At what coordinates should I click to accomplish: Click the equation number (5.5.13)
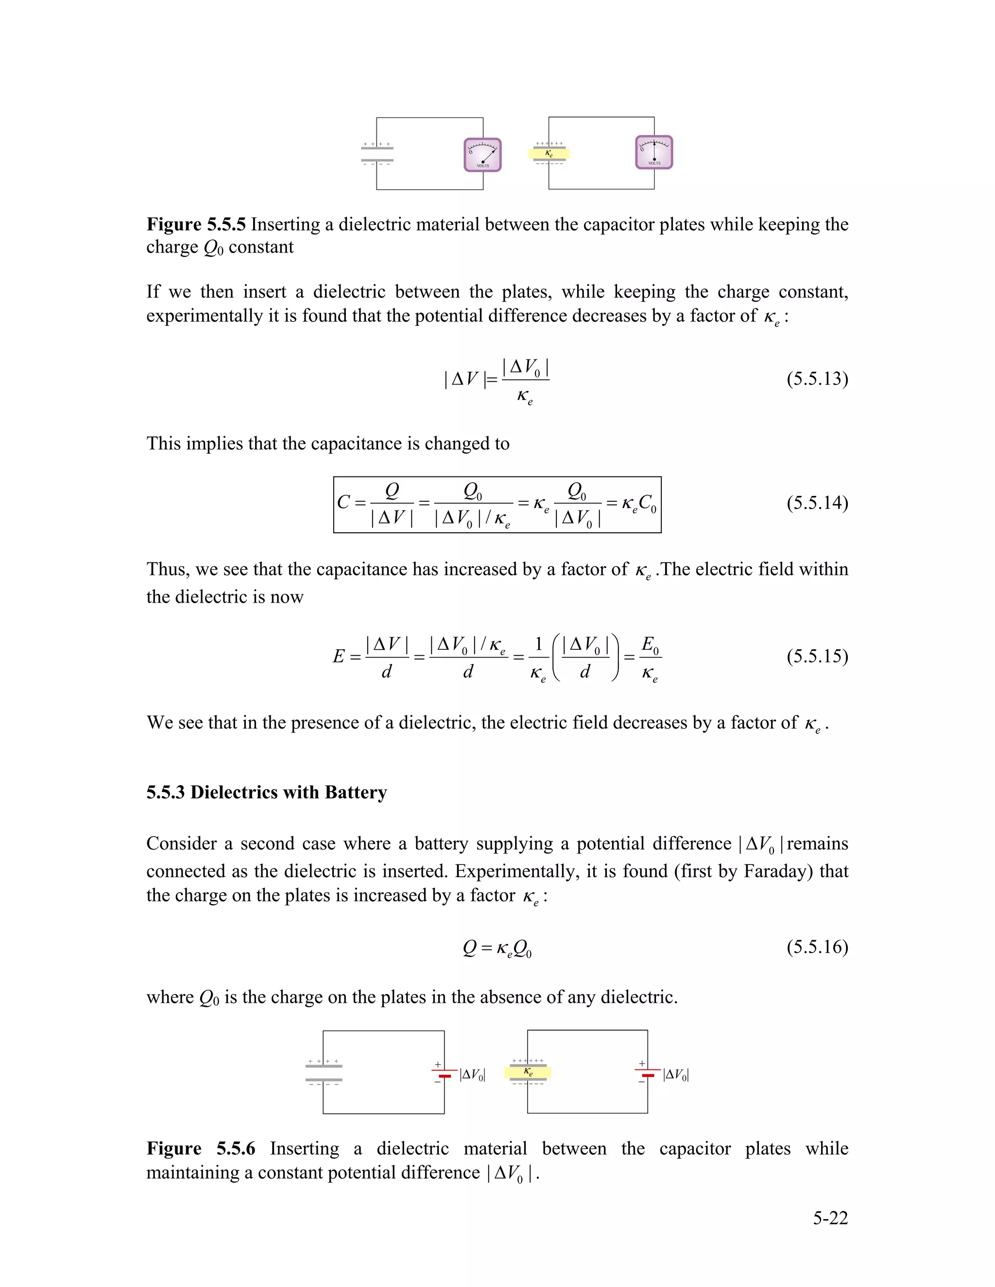tap(817, 378)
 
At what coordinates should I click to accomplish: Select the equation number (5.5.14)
tap(817, 503)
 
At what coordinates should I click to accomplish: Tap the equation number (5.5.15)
tap(817, 656)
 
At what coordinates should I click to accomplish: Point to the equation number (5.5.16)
tap(817, 947)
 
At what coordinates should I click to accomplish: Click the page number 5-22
tap(830, 1218)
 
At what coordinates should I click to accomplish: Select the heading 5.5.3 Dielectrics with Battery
tap(266, 792)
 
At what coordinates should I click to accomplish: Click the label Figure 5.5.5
tap(196, 224)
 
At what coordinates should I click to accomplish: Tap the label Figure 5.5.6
tap(201, 1149)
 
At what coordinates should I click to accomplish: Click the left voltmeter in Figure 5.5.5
tap(483, 155)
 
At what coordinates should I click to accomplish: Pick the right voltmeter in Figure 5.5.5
tap(654, 152)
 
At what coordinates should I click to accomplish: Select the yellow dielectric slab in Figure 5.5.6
tap(528, 1072)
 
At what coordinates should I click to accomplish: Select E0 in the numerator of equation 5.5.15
tap(650, 644)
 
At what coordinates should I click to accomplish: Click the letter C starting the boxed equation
tap(343, 502)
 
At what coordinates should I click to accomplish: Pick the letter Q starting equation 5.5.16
tap(470, 947)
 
